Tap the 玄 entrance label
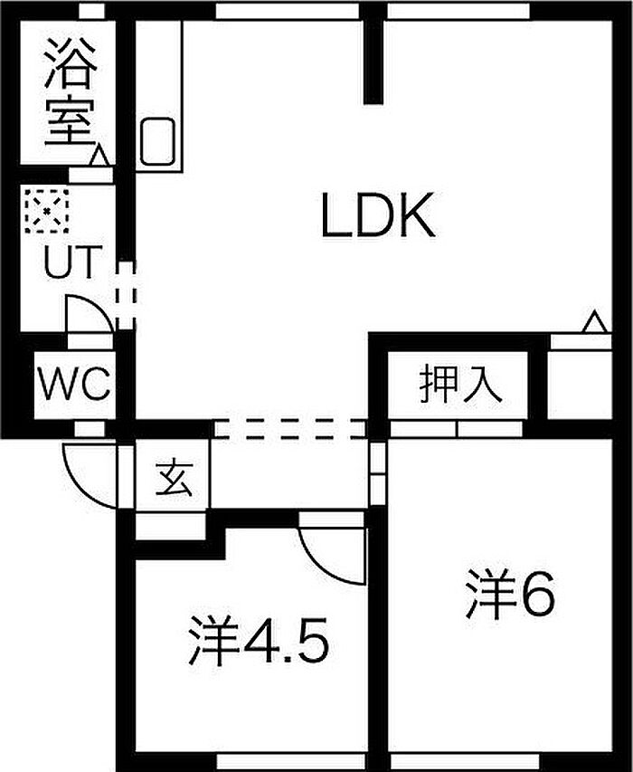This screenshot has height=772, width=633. [173, 477]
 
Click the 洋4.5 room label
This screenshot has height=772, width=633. [257, 641]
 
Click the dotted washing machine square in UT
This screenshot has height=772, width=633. [45, 210]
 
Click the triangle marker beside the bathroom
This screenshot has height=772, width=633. [99, 157]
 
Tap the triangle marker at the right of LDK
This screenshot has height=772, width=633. [595, 322]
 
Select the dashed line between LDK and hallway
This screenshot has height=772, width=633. [289, 429]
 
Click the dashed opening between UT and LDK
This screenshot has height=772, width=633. [126, 294]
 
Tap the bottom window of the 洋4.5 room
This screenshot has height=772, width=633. [258, 761]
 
